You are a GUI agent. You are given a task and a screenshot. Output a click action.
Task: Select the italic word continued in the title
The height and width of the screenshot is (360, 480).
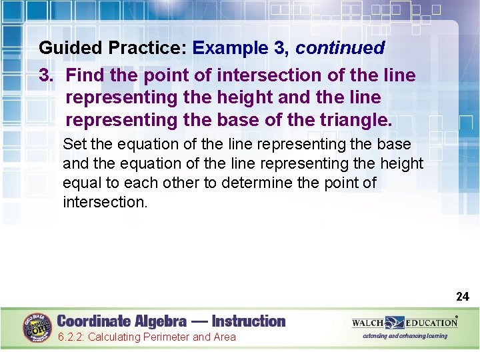(340, 48)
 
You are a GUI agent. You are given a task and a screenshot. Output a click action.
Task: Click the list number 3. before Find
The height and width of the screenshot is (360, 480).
(47, 75)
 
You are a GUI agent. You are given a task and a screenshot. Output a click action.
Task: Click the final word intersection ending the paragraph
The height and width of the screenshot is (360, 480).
(104, 202)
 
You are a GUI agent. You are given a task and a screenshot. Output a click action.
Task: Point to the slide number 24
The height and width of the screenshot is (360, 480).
(462, 296)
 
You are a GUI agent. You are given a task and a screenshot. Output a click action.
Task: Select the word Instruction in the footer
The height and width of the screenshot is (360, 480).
(249, 321)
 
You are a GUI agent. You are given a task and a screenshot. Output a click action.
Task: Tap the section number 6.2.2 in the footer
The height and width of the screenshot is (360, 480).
(70, 337)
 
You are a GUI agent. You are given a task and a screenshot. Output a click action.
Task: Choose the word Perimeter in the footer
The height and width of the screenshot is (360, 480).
(165, 337)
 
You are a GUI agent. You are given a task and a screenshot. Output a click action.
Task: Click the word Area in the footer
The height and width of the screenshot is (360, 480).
(224, 337)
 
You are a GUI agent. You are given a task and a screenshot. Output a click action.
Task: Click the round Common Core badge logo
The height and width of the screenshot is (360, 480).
(37, 327)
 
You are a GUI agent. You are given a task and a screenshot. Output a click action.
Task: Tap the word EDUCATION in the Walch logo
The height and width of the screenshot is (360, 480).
(431, 323)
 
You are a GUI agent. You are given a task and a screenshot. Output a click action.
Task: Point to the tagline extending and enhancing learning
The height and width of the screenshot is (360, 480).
(405, 336)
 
